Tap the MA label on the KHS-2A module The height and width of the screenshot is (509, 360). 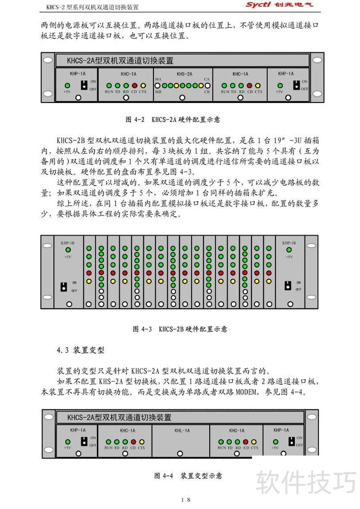pyautogui.click(x=158, y=79)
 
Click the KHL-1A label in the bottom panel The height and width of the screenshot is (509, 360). pyautogui.click(x=182, y=430)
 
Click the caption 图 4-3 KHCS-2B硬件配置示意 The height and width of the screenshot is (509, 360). pyautogui.click(x=180, y=329)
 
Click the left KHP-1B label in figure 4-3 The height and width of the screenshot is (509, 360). pyautogui.click(x=68, y=243)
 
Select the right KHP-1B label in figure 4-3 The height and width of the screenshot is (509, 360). pyautogui.click(x=289, y=243)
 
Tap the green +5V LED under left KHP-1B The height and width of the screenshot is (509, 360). pyautogui.click(x=68, y=250)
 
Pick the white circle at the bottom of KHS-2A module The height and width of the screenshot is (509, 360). pyautogui.click(x=182, y=97)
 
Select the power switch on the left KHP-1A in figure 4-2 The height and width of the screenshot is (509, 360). pyautogui.click(x=84, y=85)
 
